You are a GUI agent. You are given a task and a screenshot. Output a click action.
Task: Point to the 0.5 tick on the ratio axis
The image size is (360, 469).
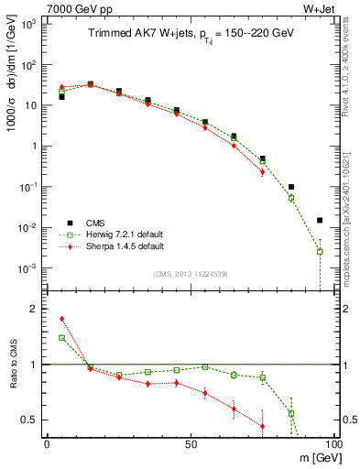click(30, 420)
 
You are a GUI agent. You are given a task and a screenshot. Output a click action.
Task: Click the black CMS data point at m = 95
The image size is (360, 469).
click(320, 220)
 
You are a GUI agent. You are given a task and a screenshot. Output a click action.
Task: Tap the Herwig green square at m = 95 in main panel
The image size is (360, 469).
click(320, 251)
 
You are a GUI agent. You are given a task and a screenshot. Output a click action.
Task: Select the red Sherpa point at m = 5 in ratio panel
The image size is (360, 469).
click(61, 319)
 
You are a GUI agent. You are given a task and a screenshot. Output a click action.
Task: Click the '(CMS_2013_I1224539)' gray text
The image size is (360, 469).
click(190, 274)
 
